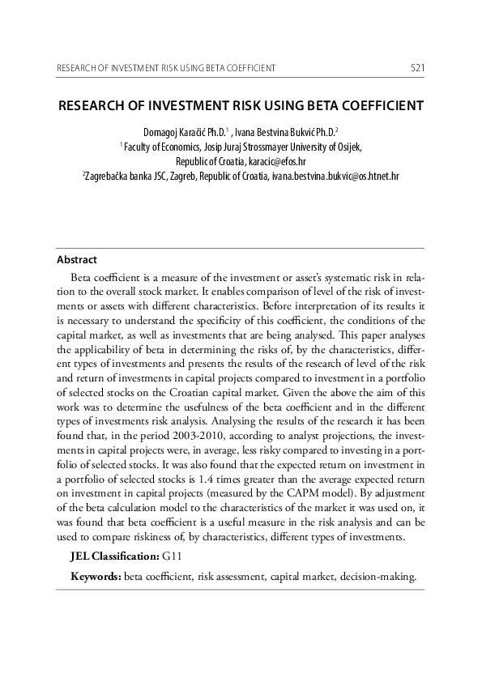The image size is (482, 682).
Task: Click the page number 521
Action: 418,67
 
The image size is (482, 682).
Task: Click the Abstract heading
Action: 76,260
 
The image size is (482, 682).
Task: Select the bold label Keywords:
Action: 96,577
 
